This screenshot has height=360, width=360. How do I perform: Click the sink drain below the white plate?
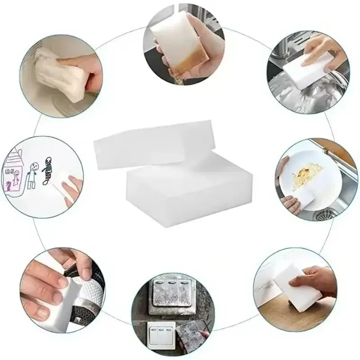[x=325, y=215]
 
